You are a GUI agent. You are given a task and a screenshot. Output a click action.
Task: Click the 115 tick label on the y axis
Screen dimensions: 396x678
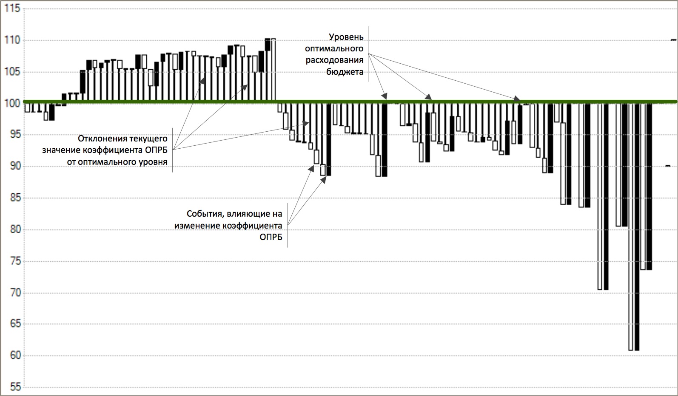pos(13,9)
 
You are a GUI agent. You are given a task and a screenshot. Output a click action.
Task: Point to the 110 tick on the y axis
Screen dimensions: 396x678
pos(13,40)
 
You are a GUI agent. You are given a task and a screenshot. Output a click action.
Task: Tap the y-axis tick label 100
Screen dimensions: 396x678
pos(13,103)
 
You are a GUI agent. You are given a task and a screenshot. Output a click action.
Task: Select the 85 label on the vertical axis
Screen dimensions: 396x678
pos(13,198)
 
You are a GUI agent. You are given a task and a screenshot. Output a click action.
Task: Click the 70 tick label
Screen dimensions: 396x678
pos(13,293)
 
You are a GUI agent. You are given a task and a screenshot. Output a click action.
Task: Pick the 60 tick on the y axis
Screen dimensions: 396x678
pos(13,356)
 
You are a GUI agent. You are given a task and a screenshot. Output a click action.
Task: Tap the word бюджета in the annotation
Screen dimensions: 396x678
pos(345,72)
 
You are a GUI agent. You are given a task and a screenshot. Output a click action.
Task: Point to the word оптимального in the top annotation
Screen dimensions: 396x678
pos(334,49)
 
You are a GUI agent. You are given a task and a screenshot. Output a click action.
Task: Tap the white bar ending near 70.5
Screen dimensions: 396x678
pos(600,198)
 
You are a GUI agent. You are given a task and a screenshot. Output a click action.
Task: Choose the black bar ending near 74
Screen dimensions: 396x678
pos(649,187)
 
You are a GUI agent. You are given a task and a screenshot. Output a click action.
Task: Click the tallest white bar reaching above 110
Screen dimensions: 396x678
pos(273,70)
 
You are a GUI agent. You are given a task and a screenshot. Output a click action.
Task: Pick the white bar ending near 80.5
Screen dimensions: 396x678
pos(618,166)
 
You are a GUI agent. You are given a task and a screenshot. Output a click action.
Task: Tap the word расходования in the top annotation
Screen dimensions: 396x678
pos(335,60)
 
